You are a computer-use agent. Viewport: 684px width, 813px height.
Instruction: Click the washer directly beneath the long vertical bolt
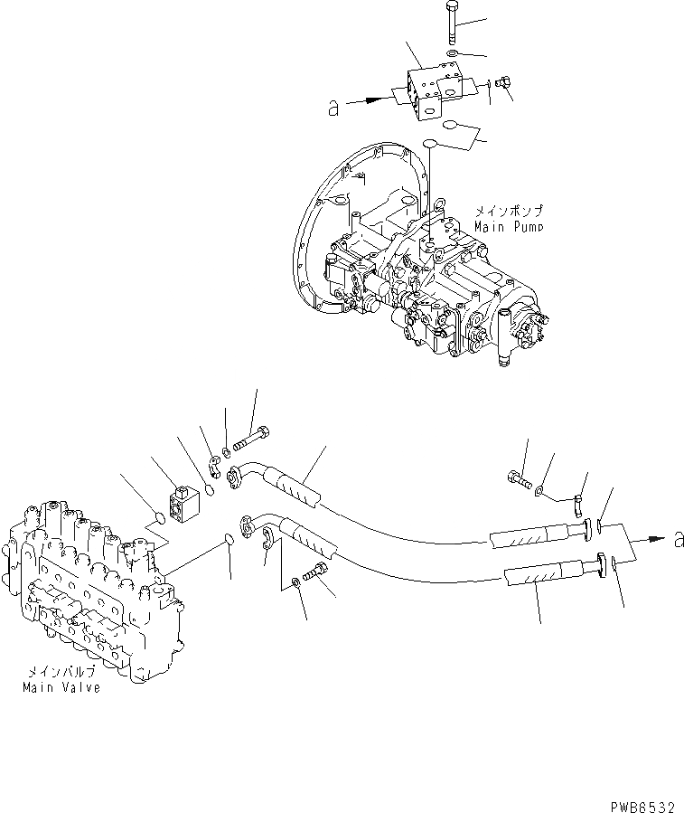[x=452, y=56]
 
